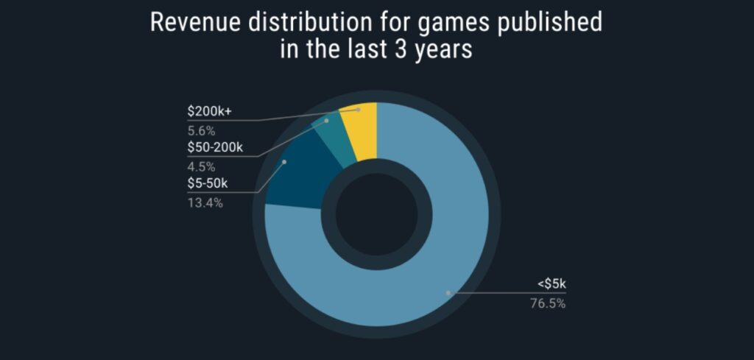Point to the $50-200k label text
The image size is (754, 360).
pos(215,148)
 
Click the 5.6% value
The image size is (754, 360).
pos(200,131)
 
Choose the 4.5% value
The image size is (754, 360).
pos(200,166)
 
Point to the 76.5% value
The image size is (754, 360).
pos(549,303)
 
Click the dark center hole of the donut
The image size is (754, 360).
pos(376,214)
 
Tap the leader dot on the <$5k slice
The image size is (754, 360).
pos(448,292)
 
